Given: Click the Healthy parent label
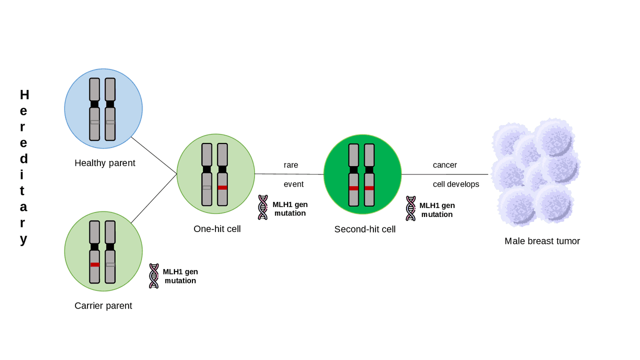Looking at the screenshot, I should (x=105, y=163).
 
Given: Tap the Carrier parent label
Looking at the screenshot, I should (x=103, y=305).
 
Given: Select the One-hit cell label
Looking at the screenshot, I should (x=217, y=229).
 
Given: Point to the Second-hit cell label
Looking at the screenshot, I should (x=365, y=229).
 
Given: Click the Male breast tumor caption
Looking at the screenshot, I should (x=542, y=241).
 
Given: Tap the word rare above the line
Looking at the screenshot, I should (x=290, y=165).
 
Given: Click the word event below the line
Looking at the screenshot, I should (x=293, y=184).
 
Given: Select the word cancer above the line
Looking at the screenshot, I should (x=445, y=165).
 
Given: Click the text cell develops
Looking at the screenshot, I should (x=456, y=184).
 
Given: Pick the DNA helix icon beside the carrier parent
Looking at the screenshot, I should (x=154, y=276).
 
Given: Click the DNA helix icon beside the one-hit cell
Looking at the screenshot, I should (x=263, y=207).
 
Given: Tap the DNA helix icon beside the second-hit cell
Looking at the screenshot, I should (x=411, y=208).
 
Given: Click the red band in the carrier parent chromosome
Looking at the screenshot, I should (x=95, y=264).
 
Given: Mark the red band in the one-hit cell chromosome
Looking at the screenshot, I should (x=222, y=187).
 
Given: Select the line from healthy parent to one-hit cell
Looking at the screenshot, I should (x=154, y=155).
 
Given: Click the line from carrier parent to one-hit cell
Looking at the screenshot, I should (x=154, y=198).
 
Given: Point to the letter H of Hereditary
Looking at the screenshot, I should (x=24, y=94).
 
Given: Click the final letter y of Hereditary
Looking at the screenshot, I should (x=23, y=239).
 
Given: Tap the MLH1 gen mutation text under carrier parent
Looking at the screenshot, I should (x=180, y=276).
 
